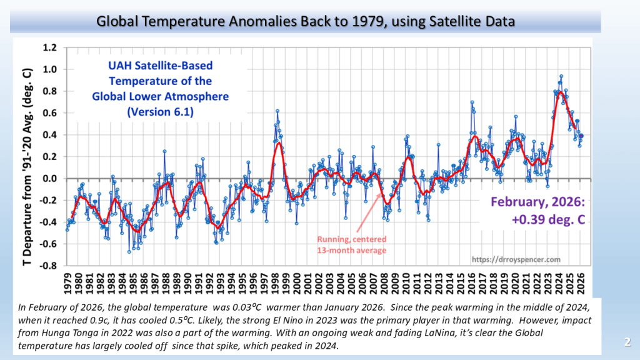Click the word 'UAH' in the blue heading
pos(118,65)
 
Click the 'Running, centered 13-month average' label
pos(351,244)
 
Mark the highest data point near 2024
pos(561,76)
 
